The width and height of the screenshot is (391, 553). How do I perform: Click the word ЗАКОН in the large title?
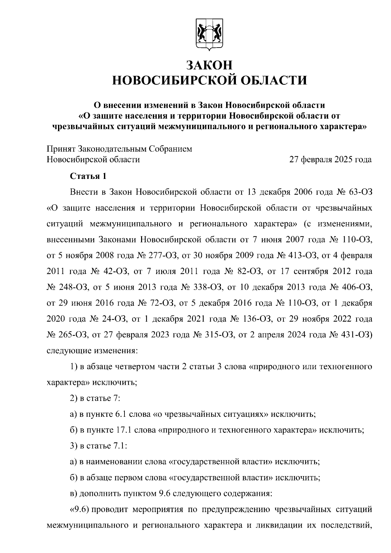(210, 65)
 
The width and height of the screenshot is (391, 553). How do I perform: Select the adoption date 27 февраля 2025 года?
(330, 160)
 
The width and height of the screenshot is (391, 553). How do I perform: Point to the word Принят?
(61, 149)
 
